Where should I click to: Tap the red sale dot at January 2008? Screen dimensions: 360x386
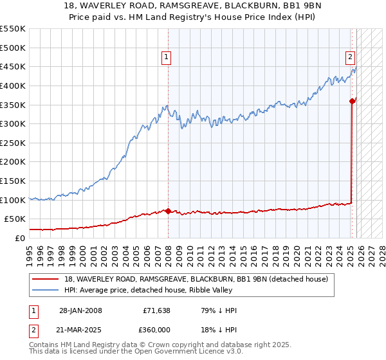click(168, 210)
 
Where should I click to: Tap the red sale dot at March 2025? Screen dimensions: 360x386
click(352, 100)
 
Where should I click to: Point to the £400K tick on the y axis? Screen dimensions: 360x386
click(14, 85)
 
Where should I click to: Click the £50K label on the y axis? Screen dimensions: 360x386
click(16, 219)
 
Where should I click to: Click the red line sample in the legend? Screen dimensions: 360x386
click(46, 279)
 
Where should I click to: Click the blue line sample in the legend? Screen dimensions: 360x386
click(46, 290)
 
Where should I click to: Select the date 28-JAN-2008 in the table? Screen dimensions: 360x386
click(80, 310)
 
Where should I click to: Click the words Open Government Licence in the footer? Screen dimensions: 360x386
click(173, 352)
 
